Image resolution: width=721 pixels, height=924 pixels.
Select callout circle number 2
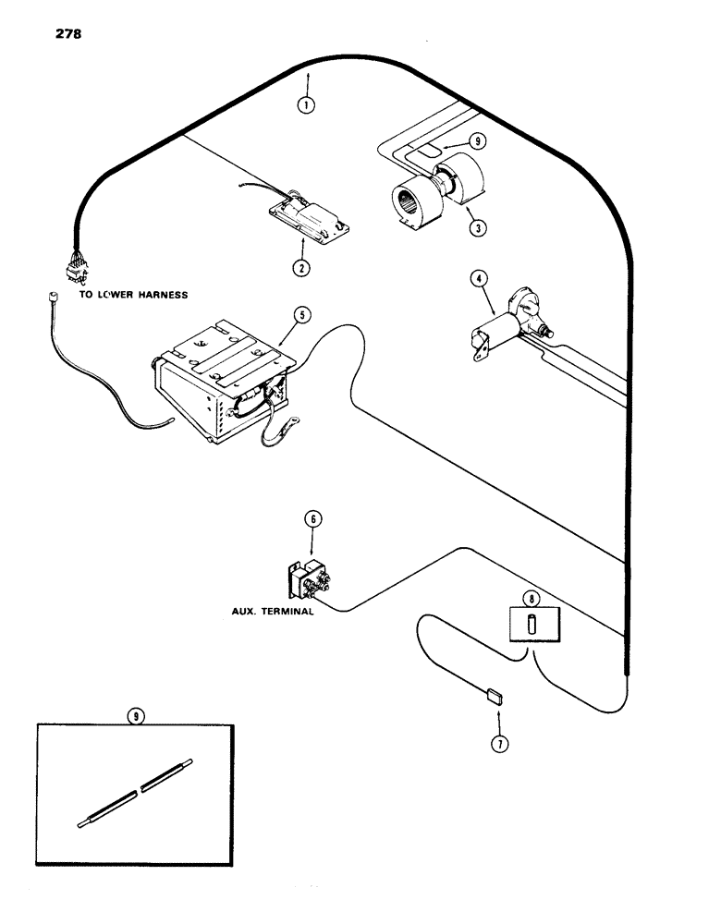pos(299,267)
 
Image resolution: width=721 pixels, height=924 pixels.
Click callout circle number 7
pos(500,740)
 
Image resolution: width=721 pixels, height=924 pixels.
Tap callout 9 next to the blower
pos(476,142)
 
